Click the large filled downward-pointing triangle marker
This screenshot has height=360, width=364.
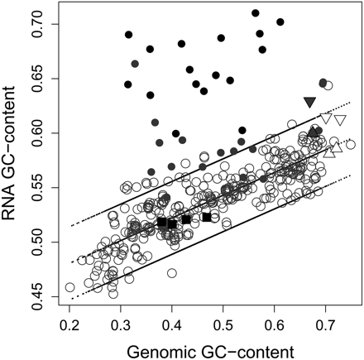coord(310,102)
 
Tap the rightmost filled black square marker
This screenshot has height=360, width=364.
coord(207,217)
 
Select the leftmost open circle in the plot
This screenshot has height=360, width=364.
coord(70,288)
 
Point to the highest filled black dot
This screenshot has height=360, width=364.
coord(256,13)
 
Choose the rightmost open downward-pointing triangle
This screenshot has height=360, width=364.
coord(340,121)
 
